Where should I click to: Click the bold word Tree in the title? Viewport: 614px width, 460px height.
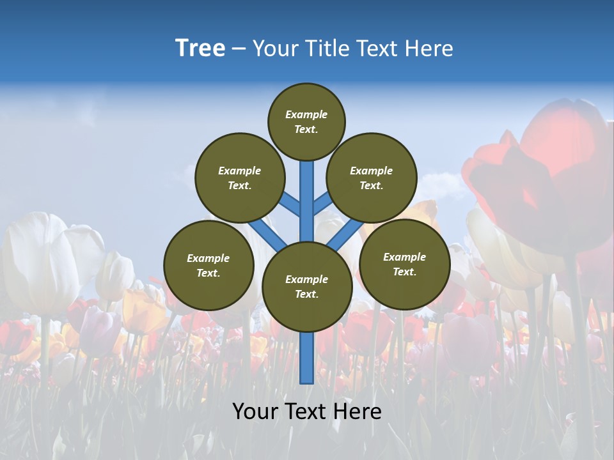click(x=200, y=49)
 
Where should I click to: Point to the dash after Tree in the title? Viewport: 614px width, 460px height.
click(x=239, y=49)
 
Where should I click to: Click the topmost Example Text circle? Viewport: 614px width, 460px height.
click(x=306, y=121)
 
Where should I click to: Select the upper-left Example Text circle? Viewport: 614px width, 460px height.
click(x=240, y=178)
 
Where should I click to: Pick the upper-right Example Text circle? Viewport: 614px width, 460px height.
click(x=372, y=178)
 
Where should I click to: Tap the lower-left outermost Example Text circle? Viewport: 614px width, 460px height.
click(x=209, y=265)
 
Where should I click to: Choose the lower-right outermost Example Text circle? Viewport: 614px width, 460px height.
click(x=404, y=264)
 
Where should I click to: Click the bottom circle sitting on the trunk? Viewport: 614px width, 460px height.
click(x=307, y=286)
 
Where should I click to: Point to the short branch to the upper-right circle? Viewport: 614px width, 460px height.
click(x=322, y=203)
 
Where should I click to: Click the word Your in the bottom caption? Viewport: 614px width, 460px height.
click(x=255, y=411)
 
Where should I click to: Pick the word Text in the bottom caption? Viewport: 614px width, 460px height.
click(x=307, y=411)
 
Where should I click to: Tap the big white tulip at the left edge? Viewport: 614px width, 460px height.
click(x=38, y=262)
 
